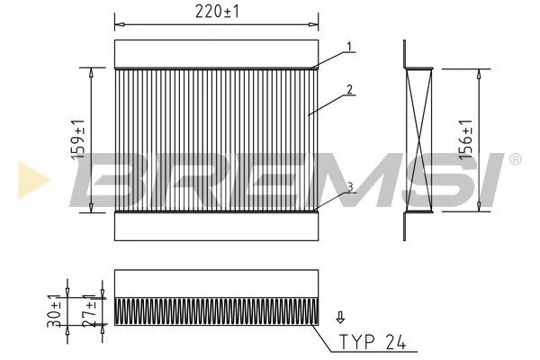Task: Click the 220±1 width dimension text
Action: click(x=217, y=12)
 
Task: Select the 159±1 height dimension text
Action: click(x=77, y=139)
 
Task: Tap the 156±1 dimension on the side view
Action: click(x=466, y=139)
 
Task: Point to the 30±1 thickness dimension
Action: click(x=54, y=310)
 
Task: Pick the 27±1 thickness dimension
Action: click(x=89, y=310)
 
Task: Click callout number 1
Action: click(x=349, y=47)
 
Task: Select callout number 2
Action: click(x=349, y=90)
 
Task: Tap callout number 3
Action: click(x=350, y=187)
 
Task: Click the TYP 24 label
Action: click(x=373, y=342)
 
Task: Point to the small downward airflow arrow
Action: click(x=340, y=318)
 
